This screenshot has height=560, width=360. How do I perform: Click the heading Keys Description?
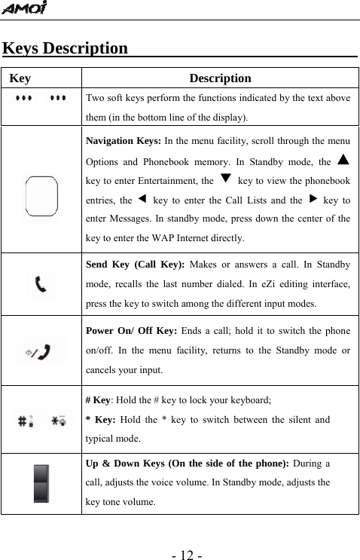click(x=66, y=49)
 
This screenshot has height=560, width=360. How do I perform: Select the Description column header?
click(x=220, y=78)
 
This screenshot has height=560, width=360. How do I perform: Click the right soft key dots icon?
click(x=59, y=99)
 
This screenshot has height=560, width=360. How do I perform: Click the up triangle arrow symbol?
click(x=343, y=160)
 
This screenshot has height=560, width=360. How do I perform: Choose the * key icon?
click(x=58, y=421)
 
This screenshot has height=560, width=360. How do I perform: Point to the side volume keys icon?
click(x=42, y=483)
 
